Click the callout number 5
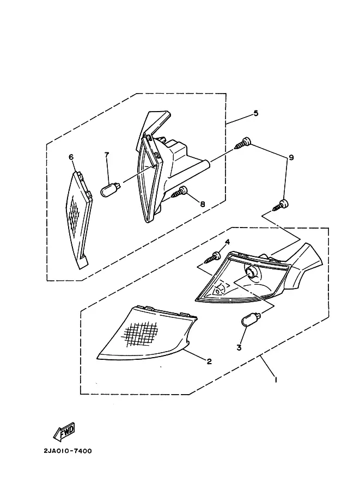[255, 113]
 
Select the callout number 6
[71, 157]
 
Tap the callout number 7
[107, 155]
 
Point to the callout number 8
[203, 204]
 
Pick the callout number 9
[291, 157]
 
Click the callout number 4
[228, 242]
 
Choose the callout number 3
[239, 347]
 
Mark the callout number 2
[209, 361]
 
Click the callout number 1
[276, 379]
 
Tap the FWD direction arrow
[64, 432]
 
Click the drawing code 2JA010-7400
[68, 451]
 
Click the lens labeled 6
[80, 219]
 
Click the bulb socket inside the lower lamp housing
[253, 273]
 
